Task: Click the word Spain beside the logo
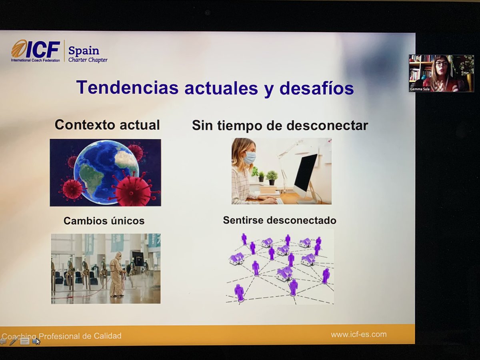click(84, 51)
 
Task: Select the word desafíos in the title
click(316, 88)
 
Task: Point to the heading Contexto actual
click(107, 125)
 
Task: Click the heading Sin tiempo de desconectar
click(280, 126)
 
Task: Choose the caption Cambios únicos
click(104, 221)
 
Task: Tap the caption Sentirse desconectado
click(280, 220)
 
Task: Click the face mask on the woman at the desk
click(249, 158)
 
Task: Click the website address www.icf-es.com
click(358, 334)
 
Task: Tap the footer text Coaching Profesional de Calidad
click(62, 336)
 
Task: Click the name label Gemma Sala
click(418, 89)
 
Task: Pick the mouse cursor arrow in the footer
click(38, 342)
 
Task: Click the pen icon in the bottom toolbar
click(14, 341)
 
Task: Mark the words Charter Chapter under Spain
click(88, 60)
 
